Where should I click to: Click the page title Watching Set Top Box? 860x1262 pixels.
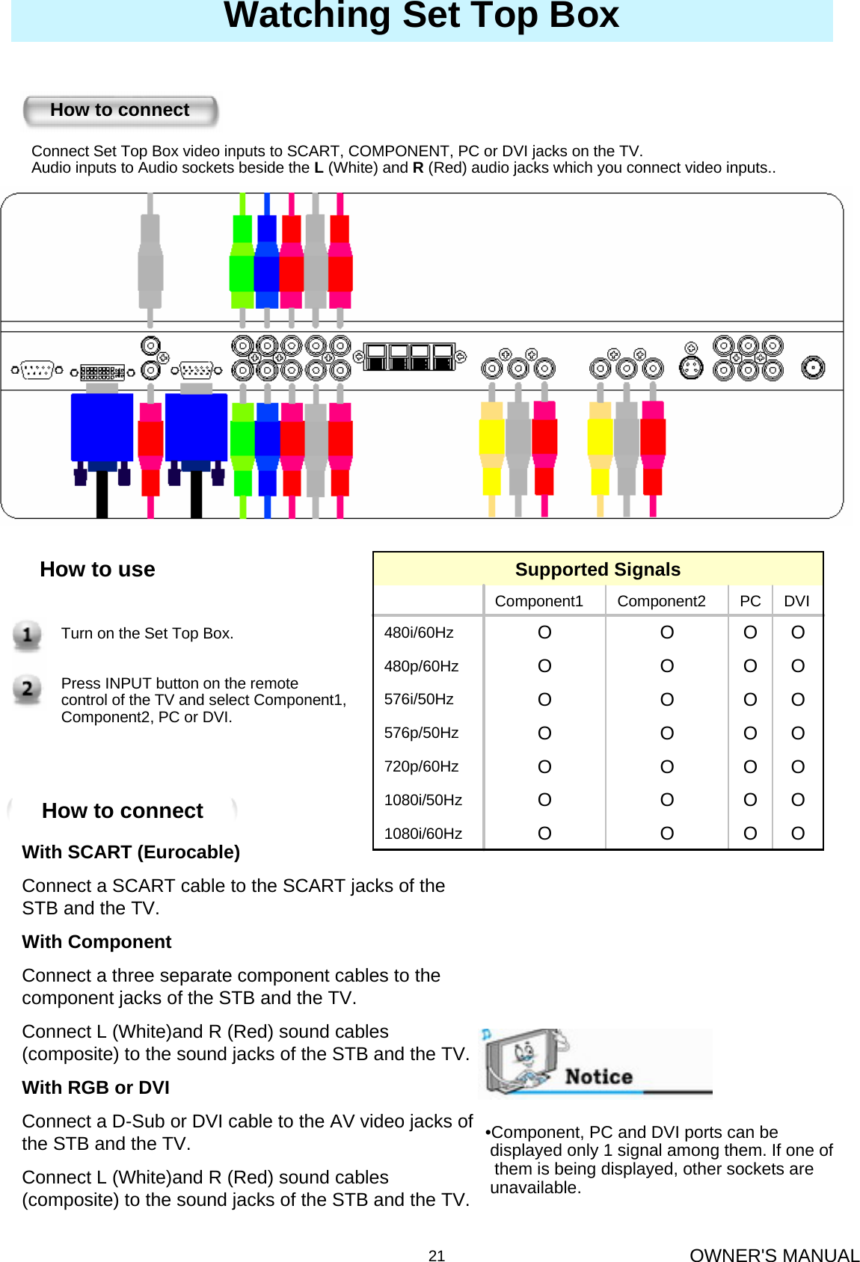pyautogui.click(x=421, y=15)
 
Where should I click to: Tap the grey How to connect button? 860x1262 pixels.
pyautogui.click(x=120, y=111)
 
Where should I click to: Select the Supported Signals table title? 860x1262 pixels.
pyautogui.click(x=598, y=570)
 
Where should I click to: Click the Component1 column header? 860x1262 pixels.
pyautogui.click(x=538, y=601)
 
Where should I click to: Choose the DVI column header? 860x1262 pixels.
pyautogui.click(x=796, y=601)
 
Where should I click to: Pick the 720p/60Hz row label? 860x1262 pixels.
pyautogui.click(x=421, y=766)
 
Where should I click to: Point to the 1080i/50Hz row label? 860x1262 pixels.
pyautogui.click(x=423, y=800)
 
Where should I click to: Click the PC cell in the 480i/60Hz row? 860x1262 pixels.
pyautogui.click(x=750, y=632)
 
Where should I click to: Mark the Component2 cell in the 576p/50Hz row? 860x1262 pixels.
pyautogui.click(x=666, y=733)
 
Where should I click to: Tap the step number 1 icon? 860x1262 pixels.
pyautogui.click(x=27, y=635)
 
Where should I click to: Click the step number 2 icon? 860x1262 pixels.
pyautogui.click(x=27, y=689)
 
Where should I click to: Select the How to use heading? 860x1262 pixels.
pyautogui.click(x=97, y=570)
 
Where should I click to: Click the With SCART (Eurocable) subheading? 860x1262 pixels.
pyautogui.click(x=131, y=852)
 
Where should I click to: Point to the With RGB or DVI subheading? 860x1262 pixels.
pyautogui.click(x=96, y=1088)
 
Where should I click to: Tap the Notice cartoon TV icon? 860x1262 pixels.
pyautogui.click(x=523, y=1060)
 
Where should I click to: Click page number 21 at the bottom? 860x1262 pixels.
pyautogui.click(x=437, y=1256)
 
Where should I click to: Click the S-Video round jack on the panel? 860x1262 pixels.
pyautogui.click(x=691, y=367)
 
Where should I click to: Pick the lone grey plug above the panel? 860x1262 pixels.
pyautogui.click(x=150, y=262)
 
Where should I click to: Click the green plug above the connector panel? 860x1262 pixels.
pyautogui.click(x=242, y=262)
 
